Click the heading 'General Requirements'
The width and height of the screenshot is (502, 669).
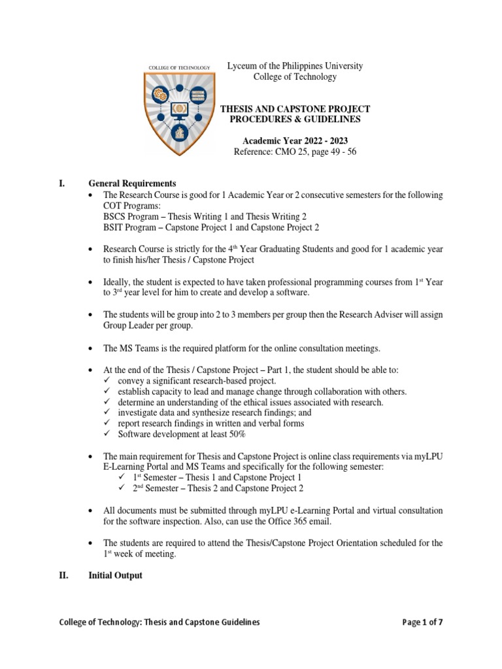tap(133, 183)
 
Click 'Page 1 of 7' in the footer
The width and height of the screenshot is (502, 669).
tap(423, 622)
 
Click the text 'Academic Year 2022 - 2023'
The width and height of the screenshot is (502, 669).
tap(294, 140)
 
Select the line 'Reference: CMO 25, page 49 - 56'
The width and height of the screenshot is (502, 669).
tap(294, 152)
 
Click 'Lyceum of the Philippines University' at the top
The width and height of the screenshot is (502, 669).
tap(294, 66)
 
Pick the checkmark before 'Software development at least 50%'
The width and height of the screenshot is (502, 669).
tap(109, 434)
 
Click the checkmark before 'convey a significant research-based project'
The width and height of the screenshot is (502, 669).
tap(109, 381)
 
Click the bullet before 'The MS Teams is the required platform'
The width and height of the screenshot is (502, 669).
tap(91, 349)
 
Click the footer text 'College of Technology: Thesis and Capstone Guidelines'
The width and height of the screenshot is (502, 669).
tap(159, 622)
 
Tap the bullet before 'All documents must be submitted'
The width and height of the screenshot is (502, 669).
tap(91, 510)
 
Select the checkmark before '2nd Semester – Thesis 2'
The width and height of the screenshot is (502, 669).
tap(122, 488)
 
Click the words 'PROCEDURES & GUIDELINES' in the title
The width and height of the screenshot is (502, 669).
tap(294, 120)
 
